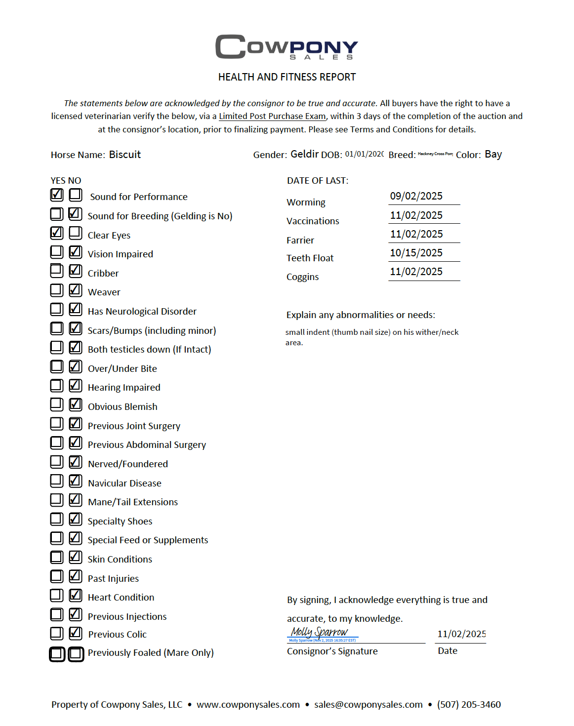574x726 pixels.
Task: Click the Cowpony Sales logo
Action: (x=287, y=47)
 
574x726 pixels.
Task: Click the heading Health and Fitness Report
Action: (x=287, y=77)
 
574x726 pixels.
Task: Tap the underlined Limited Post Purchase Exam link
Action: (x=272, y=116)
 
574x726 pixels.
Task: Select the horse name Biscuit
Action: (x=125, y=155)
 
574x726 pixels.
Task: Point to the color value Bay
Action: (x=493, y=154)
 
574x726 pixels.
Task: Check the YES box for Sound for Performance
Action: (x=57, y=195)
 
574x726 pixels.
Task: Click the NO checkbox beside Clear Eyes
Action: (x=76, y=233)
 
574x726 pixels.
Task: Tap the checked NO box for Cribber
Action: (x=76, y=271)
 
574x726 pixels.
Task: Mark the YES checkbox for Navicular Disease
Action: (x=57, y=481)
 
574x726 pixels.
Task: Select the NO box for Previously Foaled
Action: (x=76, y=654)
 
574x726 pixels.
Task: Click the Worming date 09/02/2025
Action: (x=416, y=196)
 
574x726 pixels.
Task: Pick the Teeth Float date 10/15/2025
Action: (x=416, y=253)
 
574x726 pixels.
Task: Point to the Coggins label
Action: (x=302, y=277)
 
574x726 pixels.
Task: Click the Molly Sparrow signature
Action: (x=320, y=632)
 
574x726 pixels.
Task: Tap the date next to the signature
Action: (x=461, y=634)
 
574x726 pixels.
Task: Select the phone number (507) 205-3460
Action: (x=469, y=705)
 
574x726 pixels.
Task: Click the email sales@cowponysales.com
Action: (x=369, y=705)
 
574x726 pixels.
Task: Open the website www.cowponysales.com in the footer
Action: (x=248, y=705)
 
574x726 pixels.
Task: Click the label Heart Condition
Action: (x=121, y=598)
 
